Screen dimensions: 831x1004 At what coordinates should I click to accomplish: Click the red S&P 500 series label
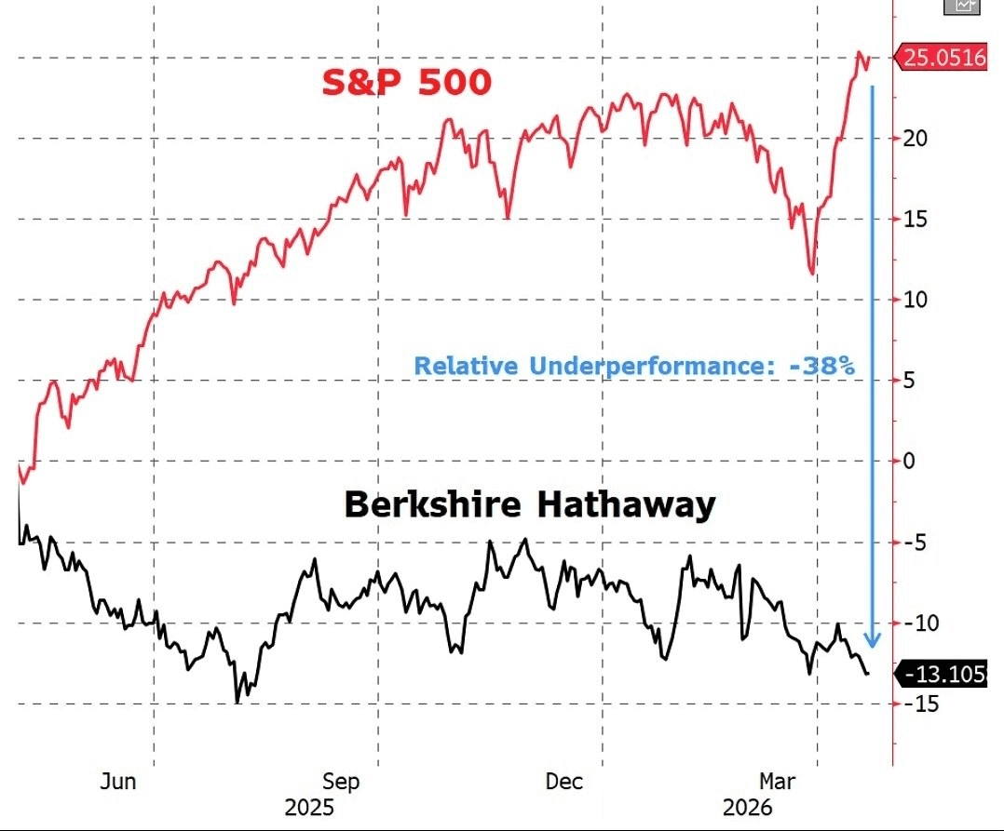click(x=406, y=84)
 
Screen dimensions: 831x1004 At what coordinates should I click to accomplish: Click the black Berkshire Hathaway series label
click(x=530, y=505)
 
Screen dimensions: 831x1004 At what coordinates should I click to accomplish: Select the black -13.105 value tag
click(x=942, y=674)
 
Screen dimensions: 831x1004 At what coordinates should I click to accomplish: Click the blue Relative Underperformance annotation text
click(x=633, y=366)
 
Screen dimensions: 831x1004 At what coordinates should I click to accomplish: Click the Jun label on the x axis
click(x=117, y=781)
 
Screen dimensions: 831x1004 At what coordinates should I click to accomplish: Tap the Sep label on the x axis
click(x=341, y=781)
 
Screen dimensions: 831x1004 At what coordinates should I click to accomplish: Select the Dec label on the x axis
click(x=563, y=781)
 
